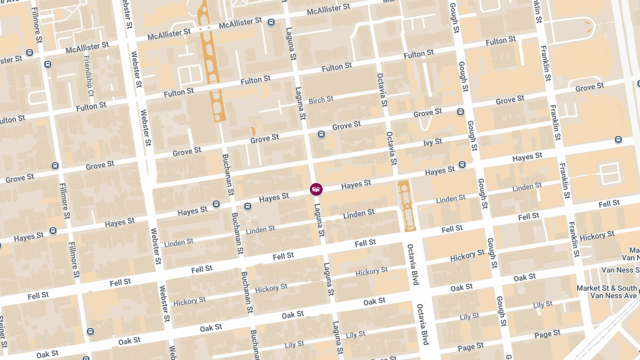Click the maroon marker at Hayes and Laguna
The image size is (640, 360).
point(316,189)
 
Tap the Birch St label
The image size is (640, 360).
point(321,100)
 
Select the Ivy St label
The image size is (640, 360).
point(433,142)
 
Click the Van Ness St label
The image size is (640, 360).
point(620,270)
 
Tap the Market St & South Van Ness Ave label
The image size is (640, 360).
point(607,292)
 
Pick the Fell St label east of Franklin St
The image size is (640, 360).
point(609,204)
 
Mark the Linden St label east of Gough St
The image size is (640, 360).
point(527,187)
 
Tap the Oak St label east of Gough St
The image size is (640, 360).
point(525,277)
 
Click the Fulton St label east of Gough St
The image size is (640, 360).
point(500,41)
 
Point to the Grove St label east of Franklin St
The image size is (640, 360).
point(589,87)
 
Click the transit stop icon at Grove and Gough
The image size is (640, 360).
point(460,112)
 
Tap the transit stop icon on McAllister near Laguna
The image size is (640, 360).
point(271,22)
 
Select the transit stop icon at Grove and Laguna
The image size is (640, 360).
point(321,134)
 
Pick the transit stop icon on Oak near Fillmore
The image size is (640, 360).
point(90,332)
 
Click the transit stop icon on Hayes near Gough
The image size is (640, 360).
point(462,164)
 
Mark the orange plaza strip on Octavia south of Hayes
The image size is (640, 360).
point(406,205)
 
